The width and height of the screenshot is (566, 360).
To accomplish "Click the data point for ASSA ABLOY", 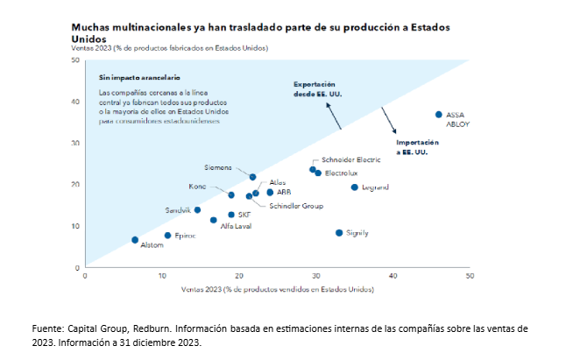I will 438,115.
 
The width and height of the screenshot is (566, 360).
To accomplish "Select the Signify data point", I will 339,232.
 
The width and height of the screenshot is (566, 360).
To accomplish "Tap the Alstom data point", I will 135,239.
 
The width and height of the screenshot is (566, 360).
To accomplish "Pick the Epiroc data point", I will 167,235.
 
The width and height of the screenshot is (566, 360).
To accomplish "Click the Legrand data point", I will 354,187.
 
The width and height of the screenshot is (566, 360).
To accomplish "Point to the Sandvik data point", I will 197,210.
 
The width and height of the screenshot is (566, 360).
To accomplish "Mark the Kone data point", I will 231,194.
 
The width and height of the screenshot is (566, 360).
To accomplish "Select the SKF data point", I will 231,215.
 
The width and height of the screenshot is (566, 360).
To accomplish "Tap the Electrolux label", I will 343,174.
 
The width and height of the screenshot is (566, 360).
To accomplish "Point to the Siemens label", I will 218,167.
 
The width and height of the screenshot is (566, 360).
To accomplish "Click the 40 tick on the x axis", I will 393,276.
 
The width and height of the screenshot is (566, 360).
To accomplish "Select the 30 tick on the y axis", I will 74,143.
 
